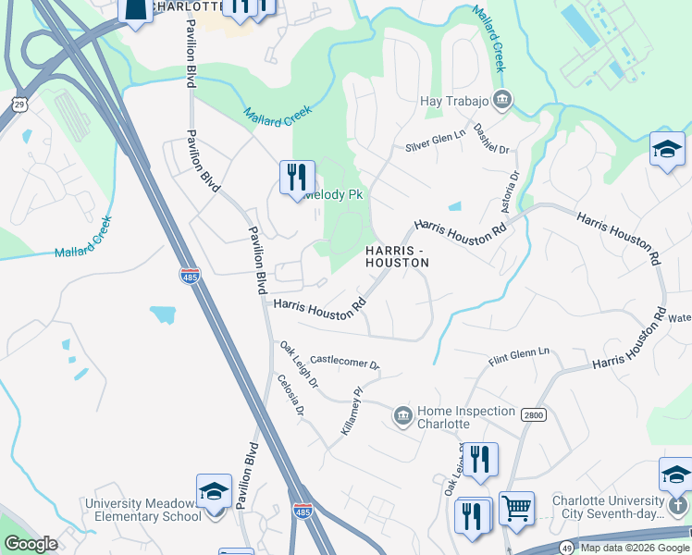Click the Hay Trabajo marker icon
[502, 99]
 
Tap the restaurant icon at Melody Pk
[297, 176]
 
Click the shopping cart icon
[516, 506]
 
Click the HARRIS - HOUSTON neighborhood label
[397, 257]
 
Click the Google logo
[31, 544]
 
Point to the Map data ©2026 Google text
[635, 548]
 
